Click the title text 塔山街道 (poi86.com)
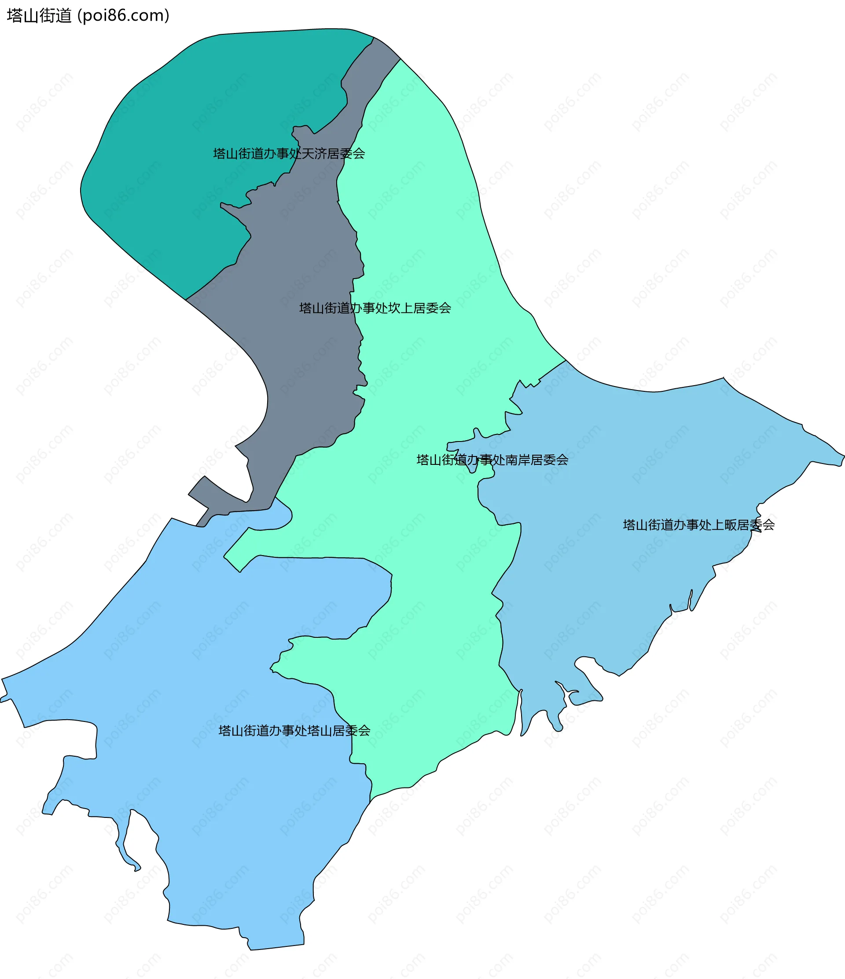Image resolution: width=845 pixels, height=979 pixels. [x=88, y=15]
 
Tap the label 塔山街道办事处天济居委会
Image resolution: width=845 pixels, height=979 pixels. [x=289, y=154]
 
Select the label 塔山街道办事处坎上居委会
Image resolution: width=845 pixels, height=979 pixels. [x=375, y=308]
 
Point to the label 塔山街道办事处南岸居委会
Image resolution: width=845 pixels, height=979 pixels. [x=492, y=460]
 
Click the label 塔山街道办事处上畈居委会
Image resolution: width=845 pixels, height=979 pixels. [x=698, y=525]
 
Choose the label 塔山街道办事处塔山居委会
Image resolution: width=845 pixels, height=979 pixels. [x=294, y=731]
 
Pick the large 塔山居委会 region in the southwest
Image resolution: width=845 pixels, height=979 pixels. [x=189, y=780]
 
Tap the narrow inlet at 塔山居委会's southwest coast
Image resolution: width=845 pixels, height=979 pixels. [x=127, y=846]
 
